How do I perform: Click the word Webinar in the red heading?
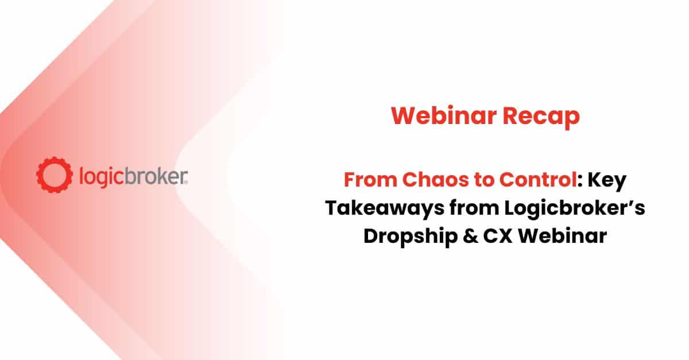point(444,115)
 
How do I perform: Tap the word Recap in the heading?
point(541,118)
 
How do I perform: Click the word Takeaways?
point(385,209)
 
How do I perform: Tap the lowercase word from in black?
point(474,208)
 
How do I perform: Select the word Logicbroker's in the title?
point(575,209)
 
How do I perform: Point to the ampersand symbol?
point(471,237)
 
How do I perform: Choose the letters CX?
point(498,237)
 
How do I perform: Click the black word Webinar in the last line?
point(563,236)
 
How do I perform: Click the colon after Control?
point(580,181)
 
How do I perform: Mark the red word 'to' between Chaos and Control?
point(484,180)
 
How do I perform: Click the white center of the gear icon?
point(55,175)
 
